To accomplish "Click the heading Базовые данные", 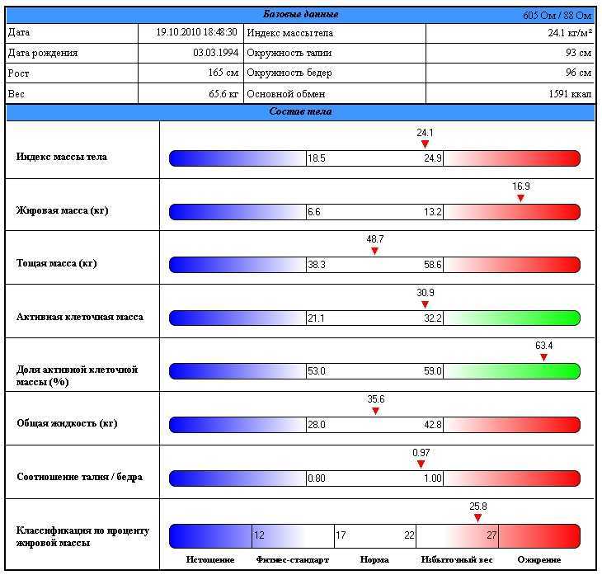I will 300,14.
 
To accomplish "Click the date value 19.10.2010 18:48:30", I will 197,32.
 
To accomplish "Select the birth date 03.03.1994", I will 215,53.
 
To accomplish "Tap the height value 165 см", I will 223,73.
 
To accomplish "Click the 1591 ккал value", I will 570,94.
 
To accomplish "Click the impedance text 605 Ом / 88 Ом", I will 557,15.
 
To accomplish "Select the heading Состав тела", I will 300,111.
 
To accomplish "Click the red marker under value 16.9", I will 520,198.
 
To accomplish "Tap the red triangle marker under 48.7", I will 374,251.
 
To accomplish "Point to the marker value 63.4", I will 543,346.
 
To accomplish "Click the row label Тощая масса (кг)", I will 57,264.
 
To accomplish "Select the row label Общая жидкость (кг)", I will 67,423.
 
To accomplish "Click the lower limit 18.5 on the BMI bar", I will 317,158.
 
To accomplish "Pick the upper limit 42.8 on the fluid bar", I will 433,425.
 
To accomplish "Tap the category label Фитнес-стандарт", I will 292,559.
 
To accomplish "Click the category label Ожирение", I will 539,559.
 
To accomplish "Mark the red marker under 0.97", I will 421,464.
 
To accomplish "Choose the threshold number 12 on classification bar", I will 259,535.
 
